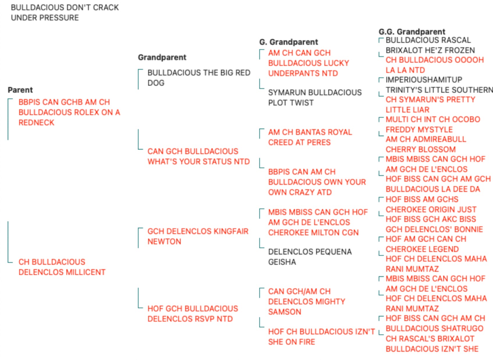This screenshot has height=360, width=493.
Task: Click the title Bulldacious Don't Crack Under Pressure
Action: pyautogui.click(x=65, y=13)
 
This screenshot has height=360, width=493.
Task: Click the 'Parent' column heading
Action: pyautogui.click(x=20, y=90)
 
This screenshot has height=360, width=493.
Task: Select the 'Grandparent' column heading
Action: pyautogui.click(x=162, y=57)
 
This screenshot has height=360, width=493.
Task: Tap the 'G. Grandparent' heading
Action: pyautogui.click(x=288, y=42)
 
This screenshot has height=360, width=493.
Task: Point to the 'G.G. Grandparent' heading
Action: pyautogui.click(x=412, y=32)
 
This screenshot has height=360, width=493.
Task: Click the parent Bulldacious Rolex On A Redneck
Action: pyautogui.click(x=69, y=112)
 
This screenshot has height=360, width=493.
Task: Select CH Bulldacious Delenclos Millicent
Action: pyautogui.click(x=62, y=267)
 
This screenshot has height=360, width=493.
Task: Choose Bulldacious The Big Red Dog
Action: pyautogui.click(x=199, y=78)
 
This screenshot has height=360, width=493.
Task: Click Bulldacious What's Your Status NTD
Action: pyautogui.click(x=198, y=156)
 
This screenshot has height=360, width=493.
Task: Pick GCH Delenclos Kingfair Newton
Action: pyautogui.click(x=198, y=237)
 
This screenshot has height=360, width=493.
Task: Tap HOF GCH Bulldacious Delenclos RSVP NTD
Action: pyautogui.click(x=193, y=314)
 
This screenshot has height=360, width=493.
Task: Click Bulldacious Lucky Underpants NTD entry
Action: pyautogui.click(x=308, y=63)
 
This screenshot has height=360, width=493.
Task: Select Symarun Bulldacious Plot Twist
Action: pyautogui.click(x=315, y=98)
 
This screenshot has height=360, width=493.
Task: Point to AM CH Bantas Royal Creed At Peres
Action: pyautogui.click(x=310, y=137)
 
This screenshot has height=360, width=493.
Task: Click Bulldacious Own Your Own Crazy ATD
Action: pyautogui.click(x=317, y=182)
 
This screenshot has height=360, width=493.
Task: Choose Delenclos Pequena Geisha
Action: pyautogui.click(x=310, y=257)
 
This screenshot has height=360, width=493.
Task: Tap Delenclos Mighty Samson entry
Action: pyautogui.click(x=307, y=302)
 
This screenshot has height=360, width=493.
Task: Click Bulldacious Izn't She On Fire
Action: pyautogui.click(x=321, y=337)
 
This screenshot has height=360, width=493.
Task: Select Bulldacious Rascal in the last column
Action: pyautogui.click(x=428, y=40)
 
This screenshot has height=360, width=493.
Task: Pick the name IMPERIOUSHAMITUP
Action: pyautogui.click(x=424, y=80)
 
